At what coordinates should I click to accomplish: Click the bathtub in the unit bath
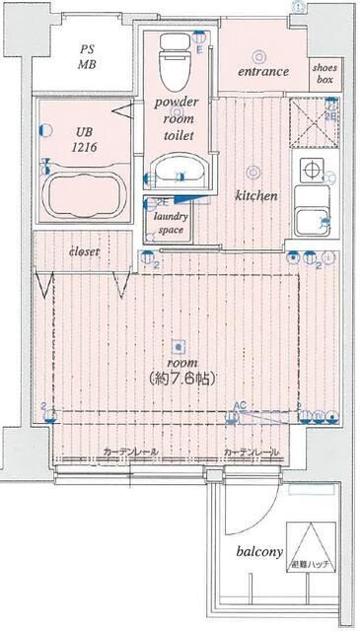tap(85, 191)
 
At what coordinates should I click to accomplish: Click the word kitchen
tap(255, 196)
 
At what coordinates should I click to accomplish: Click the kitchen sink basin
tap(312, 222)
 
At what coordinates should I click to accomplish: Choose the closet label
tap(83, 252)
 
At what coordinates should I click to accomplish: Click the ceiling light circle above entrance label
tap(259, 55)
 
